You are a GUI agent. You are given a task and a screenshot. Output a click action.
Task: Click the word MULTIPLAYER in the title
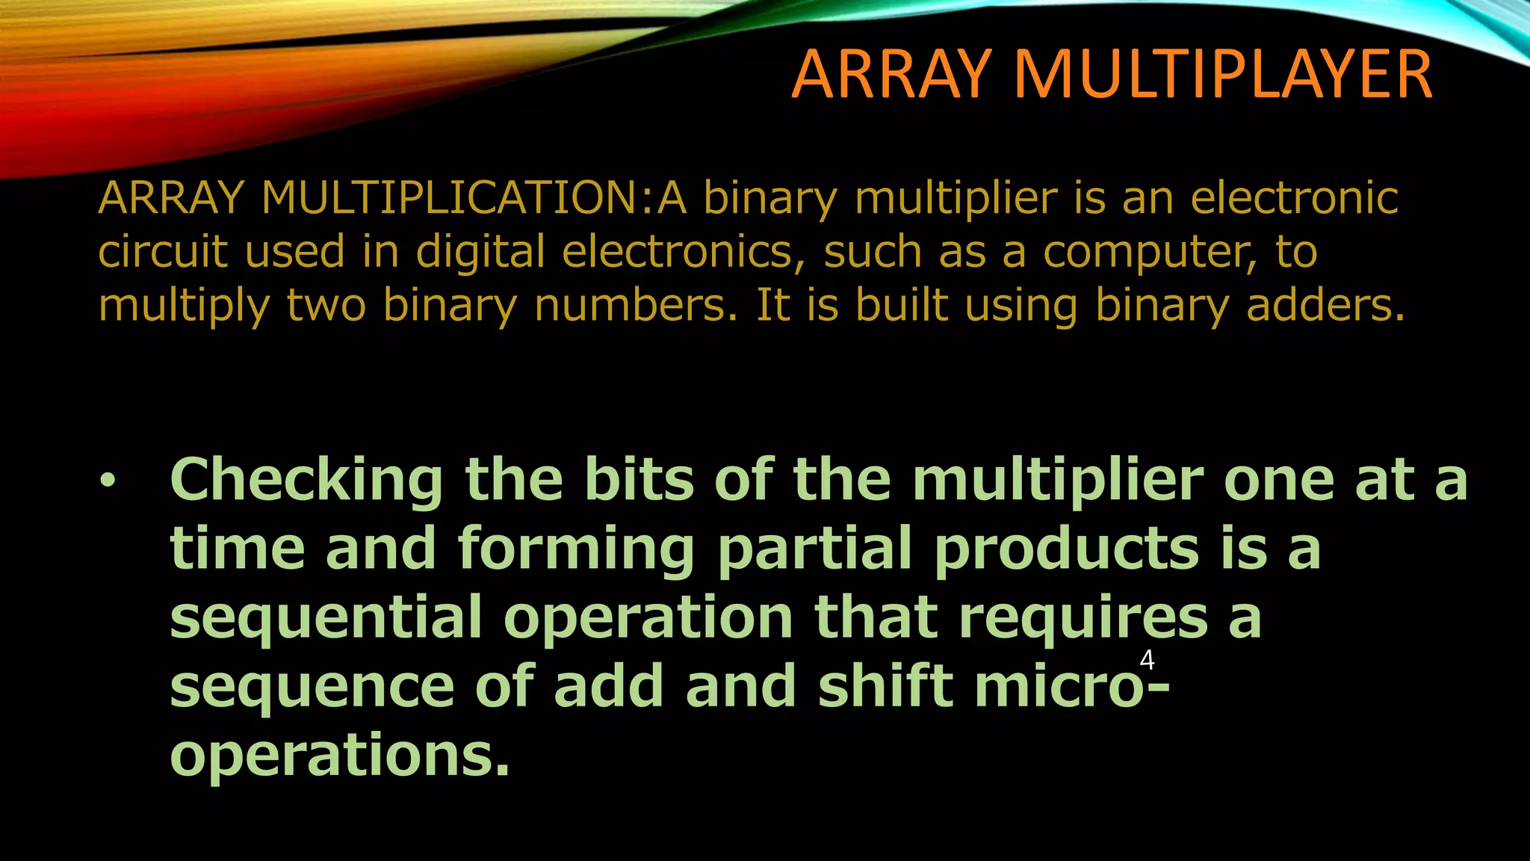(1222, 74)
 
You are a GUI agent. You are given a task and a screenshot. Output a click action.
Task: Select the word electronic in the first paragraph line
(1294, 198)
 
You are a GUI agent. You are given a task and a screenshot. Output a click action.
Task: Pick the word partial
(815, 549)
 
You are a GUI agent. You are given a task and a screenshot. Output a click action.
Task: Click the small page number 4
(1147, 661)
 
